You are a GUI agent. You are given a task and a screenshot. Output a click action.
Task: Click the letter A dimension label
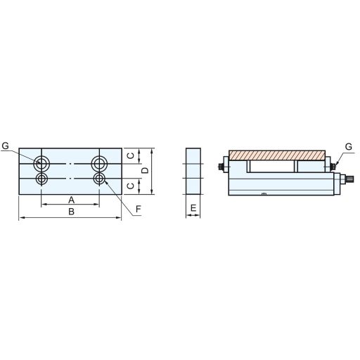[71, 200]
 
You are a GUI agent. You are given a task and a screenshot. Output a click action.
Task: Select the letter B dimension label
[71, 212]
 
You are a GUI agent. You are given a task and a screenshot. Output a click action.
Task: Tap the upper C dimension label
[131, 155]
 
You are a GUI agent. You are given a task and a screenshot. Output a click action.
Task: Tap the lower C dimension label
[131, 186]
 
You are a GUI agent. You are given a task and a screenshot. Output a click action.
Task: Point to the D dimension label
[146, 171]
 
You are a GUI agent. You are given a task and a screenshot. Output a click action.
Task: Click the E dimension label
[193, 208]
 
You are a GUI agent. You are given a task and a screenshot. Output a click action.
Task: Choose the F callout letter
[139, 209]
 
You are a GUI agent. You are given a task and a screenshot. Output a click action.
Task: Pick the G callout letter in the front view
[5, 146]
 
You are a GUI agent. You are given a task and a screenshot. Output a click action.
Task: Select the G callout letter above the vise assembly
[349, 147]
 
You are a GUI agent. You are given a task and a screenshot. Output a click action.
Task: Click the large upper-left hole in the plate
[41, 164]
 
